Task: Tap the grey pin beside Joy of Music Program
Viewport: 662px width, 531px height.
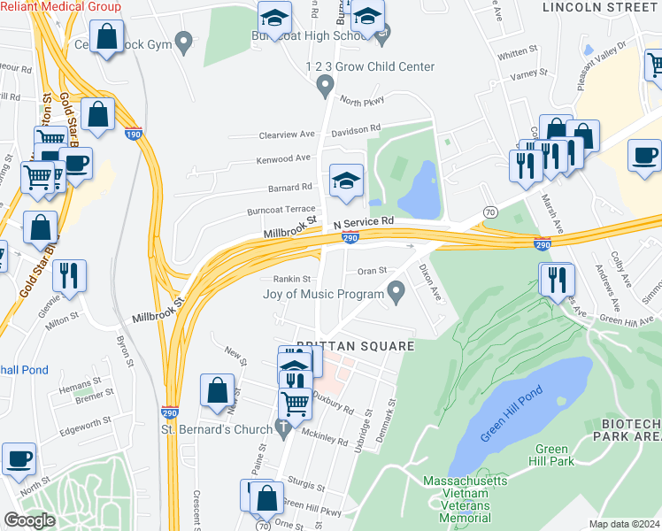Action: point(397,290)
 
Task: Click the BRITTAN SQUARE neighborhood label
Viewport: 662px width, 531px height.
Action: point(355,345)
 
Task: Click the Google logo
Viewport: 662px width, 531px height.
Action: point(29,520)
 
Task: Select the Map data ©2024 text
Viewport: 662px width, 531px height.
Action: point(624,524)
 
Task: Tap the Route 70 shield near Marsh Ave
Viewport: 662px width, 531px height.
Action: point(489,212)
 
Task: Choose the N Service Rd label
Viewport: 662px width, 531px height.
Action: point(363,222)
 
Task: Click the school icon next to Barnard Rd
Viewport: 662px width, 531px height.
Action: point(346,181)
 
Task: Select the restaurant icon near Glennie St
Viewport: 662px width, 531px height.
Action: point(69,275)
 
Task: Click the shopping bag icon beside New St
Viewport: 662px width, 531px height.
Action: point(217,390)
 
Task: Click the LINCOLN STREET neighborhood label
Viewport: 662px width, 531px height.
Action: point(601,7)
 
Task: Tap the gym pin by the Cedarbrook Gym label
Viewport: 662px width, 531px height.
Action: point(184,41)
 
